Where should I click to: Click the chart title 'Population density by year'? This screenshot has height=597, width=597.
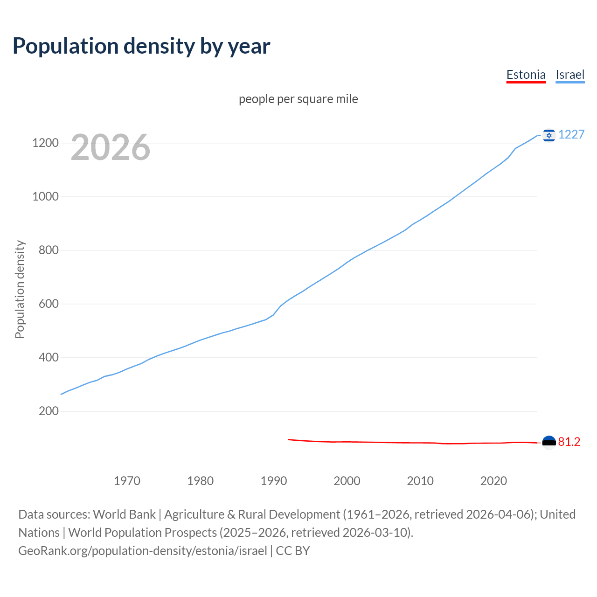(141, 46)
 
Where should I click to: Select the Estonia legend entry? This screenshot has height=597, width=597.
(526, 75)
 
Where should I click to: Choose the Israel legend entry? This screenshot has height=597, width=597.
(570, 75)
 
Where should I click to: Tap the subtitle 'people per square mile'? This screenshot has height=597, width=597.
(298, 99)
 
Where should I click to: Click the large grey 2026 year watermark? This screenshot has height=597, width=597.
(111, 147)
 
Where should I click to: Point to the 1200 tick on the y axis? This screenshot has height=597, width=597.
(45, 143)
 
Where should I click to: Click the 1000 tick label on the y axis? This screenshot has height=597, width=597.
(45, 197)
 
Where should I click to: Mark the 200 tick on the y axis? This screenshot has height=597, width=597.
(49, 411)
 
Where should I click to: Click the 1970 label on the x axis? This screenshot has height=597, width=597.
(127, 481)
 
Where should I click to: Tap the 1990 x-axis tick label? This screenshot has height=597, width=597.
(274, 481)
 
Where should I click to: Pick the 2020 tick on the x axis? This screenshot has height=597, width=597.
(493, 481)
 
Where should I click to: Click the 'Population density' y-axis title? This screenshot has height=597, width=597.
(20, 289)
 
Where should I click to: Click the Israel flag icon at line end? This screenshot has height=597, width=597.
(549, 135)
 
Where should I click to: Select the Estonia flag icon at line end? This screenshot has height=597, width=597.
(549, 442)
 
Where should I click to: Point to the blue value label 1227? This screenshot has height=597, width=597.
(571, 135)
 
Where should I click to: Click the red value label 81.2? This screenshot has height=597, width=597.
(569, 442)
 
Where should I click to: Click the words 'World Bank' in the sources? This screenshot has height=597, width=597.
(124, 514)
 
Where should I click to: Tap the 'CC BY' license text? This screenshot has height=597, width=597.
(293, 551)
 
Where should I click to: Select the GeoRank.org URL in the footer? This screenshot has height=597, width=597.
(143, 551)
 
